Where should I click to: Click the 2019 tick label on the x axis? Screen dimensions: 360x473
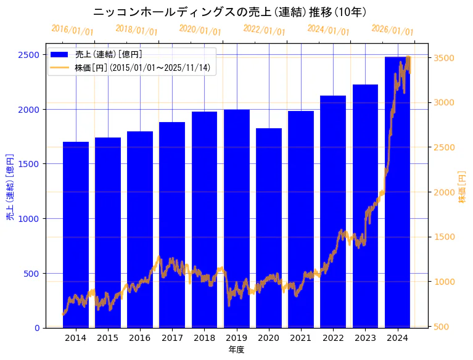(237, 338)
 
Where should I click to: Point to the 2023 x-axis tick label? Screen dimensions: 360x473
(365, 338)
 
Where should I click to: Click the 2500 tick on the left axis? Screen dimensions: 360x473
(30, 55)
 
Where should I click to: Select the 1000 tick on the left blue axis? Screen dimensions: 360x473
(30, 219)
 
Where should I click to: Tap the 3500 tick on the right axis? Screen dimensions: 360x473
(444, 58)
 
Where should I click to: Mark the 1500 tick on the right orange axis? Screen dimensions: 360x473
(444, 237)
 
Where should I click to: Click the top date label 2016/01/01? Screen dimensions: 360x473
(72, 30)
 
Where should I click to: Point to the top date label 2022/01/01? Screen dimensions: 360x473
(264, 30)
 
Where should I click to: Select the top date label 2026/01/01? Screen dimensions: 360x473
(392, 30)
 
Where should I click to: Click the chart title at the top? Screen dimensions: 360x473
(230, 12)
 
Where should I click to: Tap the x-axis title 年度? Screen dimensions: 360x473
(236, 350)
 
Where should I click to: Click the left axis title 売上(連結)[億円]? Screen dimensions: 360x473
(9, 186)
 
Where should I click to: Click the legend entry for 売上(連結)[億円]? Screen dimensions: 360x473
(104, 55)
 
